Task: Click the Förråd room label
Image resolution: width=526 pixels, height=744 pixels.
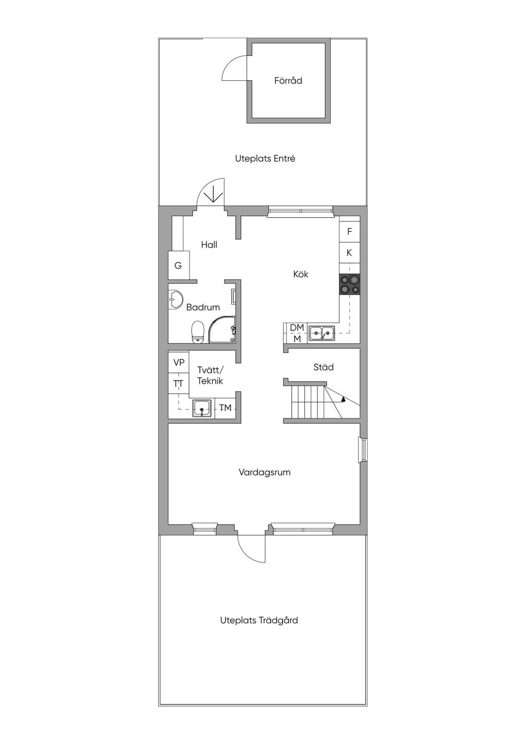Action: [x=288, y=81]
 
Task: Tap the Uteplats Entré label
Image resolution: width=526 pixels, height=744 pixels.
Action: [x=265, y=158]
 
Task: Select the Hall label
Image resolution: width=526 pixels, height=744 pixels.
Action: [x=209, y=245]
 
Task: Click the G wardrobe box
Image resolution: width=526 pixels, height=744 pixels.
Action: [x=179, y=265]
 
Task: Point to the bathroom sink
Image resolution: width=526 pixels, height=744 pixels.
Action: [x=175, y=300]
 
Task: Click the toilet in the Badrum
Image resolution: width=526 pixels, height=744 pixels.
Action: [x=198, y=331]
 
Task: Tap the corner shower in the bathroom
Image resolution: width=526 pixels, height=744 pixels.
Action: [x=222, y=329]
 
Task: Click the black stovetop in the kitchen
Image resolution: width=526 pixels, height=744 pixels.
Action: [x=349, y=284]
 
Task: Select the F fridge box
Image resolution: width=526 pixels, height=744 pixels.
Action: [x=349, y=232]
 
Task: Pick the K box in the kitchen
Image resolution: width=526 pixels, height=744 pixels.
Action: [x=349, y=253]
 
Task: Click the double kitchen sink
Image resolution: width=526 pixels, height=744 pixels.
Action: [x=322, y=333]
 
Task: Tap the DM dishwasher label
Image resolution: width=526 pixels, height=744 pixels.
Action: [x=297, y=327]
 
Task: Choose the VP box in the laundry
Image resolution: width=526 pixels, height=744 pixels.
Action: [x=179, y=362]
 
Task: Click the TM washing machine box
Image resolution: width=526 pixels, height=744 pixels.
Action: [x=226, y=407]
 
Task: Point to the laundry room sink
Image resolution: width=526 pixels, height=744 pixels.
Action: [x=202, y=408]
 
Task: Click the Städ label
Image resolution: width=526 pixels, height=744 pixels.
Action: [x=324, y=367]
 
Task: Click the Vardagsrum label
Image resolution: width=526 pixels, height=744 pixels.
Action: [x=265, y=472]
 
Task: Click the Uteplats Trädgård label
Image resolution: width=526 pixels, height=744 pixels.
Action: [x=259, y=620]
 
